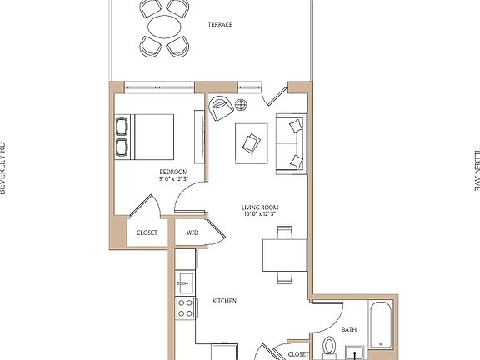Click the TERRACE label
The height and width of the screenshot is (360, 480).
220,25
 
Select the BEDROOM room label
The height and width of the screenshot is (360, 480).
173,171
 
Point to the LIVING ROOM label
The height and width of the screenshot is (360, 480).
259,207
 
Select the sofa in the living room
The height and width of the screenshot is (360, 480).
292,142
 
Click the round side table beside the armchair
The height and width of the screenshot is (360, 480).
242,105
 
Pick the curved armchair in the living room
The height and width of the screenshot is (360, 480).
221,108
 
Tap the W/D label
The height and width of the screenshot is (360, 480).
192,233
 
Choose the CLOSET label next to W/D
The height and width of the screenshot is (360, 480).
147,233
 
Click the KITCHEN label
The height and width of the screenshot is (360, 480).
225,301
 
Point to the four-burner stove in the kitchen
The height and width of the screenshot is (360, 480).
185,307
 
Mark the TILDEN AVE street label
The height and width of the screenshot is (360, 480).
476,167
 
